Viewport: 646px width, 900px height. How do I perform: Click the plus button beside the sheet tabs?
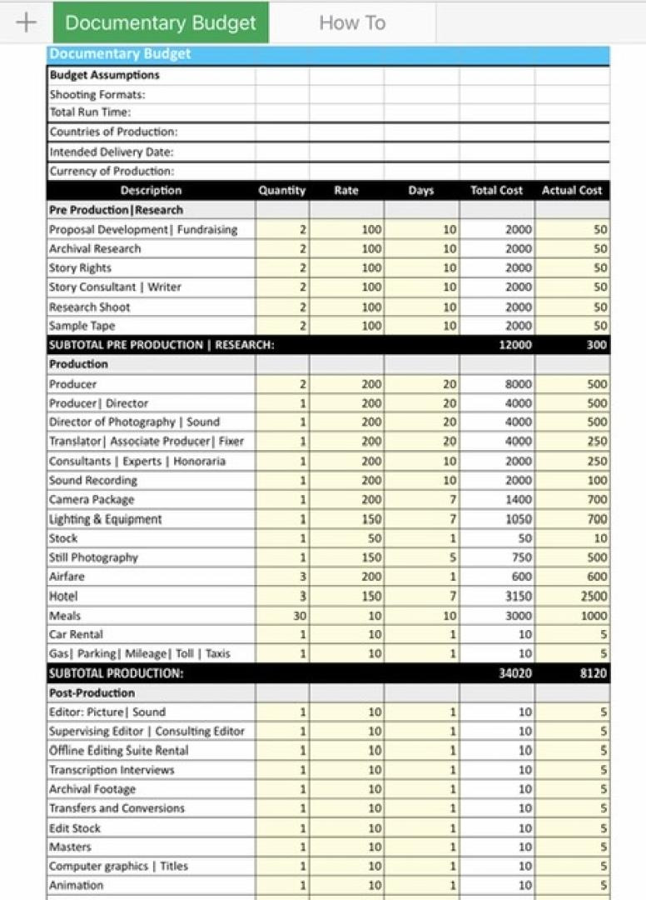[x=26, y=22]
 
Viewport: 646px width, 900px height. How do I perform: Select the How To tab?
[x=352, y=22]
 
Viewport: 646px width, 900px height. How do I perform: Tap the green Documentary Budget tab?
[x=161, y=22]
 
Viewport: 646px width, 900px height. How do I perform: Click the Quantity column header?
[x=282, y=191]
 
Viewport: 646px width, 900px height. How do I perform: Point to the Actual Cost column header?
[x=572, y=191]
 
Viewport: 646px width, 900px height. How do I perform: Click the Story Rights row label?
[x=80, y=267]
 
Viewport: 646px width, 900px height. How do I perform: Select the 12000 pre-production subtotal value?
[x=515, y=345]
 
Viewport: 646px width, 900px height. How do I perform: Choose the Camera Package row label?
[x=92, y=499]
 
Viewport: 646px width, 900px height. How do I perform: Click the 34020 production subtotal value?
[x=515, y=673]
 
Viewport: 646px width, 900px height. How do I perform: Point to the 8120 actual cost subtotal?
[x=593, y=673]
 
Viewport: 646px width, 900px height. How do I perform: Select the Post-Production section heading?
[x=92, y=692]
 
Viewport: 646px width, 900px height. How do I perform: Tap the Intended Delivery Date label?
[x=112, y=152]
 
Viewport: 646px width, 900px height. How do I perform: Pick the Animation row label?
[x=77, y=885]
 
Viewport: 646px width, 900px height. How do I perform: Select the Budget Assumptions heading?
[x=104, y=75]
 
